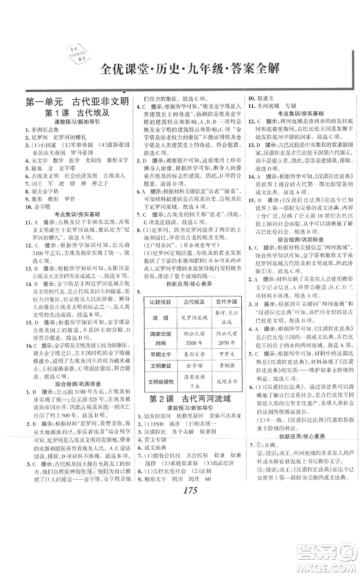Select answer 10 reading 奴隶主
pos(266,99)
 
